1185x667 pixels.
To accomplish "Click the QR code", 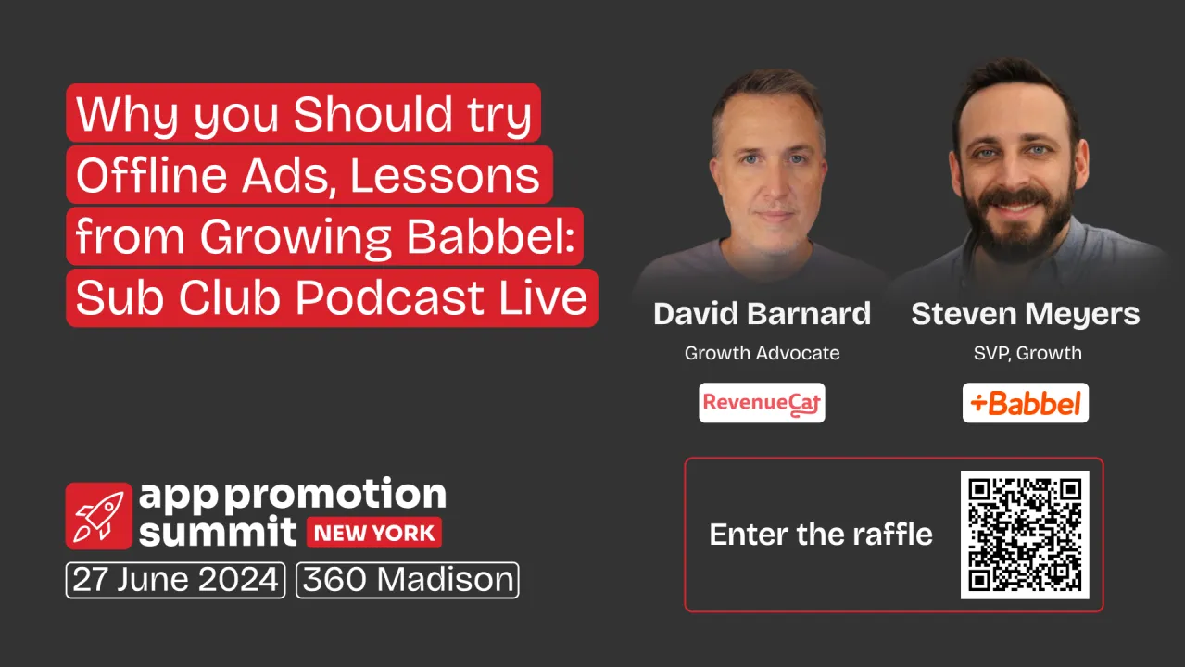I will pyautogui.click(x=1025, y=535).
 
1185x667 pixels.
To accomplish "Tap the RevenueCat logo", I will pyautogui.click(x=762, y=403).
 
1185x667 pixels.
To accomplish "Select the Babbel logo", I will pyautogui.click(x=1025, y=403).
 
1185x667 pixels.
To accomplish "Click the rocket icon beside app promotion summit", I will pyautogui.click(x=99, y=515).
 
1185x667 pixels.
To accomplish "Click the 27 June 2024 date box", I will pyautogui.click(x=175, y=580).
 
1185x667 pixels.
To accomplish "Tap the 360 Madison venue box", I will pyautogui.click(x=408, y=580).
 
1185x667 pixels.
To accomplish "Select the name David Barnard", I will pyautogui.click(x=762, y=314).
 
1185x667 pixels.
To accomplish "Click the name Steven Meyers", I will pyautogui.click(x=1025, y=314).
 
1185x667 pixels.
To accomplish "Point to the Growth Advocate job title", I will pyautogui.click(x=762, y=353).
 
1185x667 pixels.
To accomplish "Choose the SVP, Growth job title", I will pyautogui.click(x=1025, y=353).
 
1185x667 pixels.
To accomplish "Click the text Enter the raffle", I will pyautogui.click(x=821, y=535).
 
